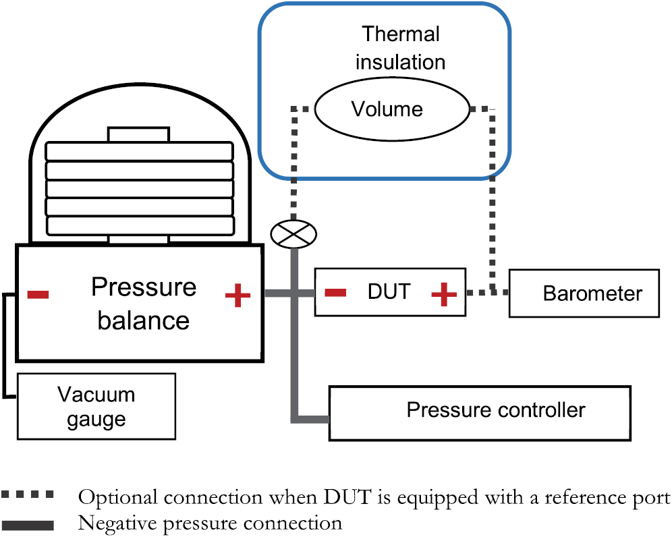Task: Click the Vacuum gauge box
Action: tap(96, 406)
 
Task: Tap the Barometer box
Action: tap(584, 293)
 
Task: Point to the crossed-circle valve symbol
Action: tap(293, 233)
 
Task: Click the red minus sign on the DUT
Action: tap(335, 293)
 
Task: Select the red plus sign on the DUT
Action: tap(443, 294)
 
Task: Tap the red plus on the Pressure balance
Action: tap(237, 295)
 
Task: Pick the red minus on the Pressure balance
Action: tap(37, 294)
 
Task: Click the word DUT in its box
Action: tap(389, 292)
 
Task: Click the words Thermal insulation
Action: tap(401, 48)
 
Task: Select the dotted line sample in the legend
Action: tap(28, 496)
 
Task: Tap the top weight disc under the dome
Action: tap(139, 151)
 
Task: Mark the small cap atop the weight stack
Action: tap(139, 134)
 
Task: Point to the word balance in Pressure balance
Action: tap(143, 320)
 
